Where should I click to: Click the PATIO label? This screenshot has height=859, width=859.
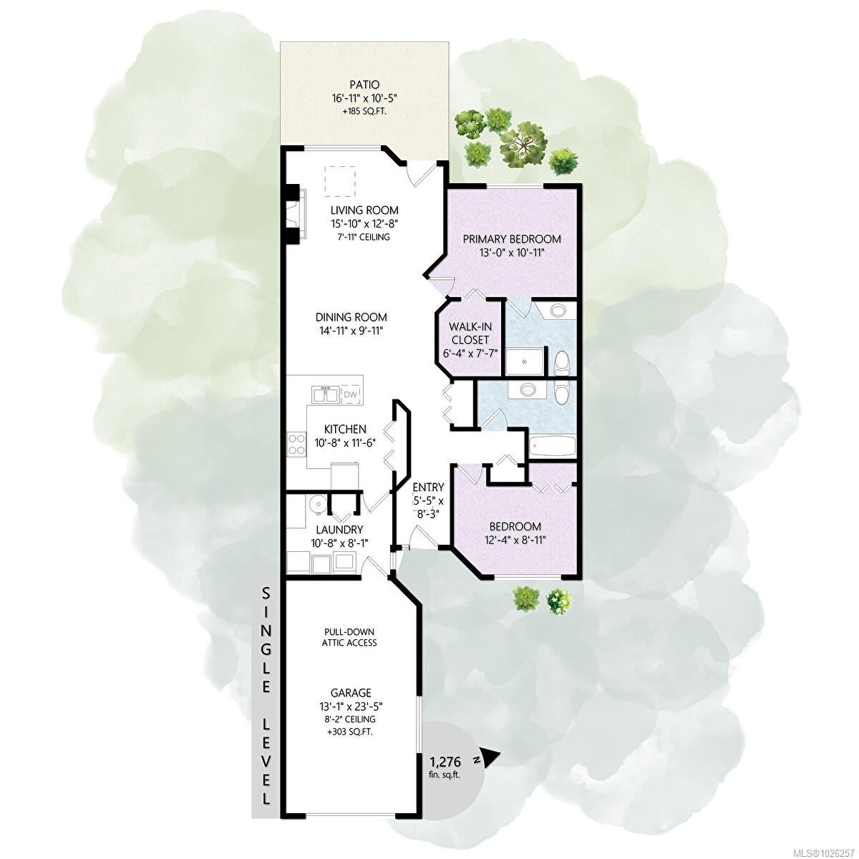tap(364, 84)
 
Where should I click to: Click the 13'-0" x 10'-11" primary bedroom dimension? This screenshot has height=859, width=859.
tap(512, 252)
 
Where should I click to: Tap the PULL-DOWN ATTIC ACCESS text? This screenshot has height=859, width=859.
tap(349, 638)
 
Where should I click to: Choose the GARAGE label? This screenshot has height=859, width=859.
tap(351, 693)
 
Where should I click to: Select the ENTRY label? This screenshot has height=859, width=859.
tap(428, 486)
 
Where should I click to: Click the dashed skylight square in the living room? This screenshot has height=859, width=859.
tap(340, 181)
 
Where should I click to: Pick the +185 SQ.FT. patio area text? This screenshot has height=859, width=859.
tap(364, 110)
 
